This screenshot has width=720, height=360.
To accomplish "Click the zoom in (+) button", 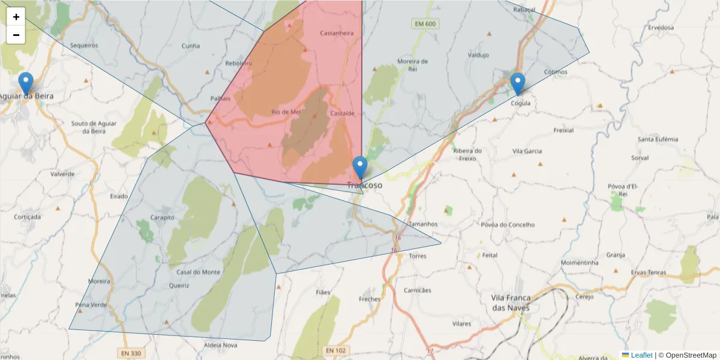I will click(16, 17).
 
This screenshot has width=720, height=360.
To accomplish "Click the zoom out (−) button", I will click(16, 35).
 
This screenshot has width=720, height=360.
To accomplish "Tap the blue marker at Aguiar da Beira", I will click(26, 83).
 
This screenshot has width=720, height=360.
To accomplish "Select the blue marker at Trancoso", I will click(360, 167).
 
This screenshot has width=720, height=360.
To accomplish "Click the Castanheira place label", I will click(337, 33).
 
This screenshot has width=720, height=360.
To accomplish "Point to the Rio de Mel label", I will click(286, 112).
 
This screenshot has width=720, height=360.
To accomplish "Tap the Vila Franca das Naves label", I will click(511, 302).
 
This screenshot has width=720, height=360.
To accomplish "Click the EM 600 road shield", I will click(425, 23).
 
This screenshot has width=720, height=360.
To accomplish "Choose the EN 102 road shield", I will click(336, 350).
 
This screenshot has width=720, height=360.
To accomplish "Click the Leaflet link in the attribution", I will click(641, 355).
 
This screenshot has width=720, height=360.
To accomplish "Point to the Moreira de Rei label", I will click(413, 65).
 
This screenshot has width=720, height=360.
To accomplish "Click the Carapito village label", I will click(162, 218).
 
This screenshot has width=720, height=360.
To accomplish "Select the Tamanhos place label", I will click(423, 224).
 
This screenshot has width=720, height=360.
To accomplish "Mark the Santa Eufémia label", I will click(658, 139).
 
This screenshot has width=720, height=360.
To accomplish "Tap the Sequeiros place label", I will click(84, 45).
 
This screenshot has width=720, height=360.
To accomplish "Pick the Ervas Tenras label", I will click(649, 272).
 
